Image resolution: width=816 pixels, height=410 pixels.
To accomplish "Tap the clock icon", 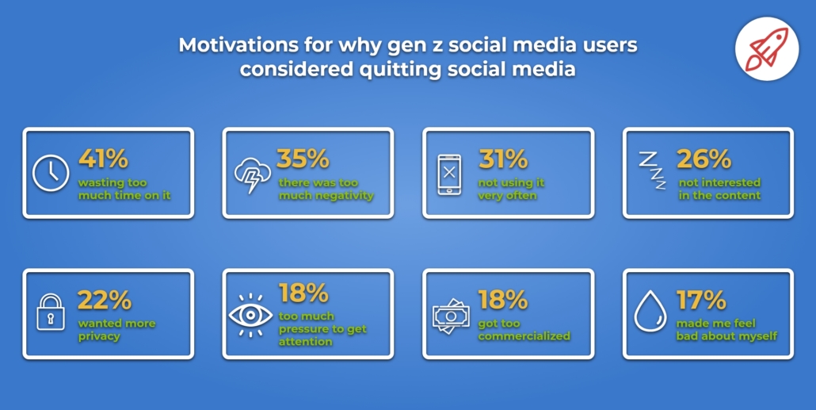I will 51,173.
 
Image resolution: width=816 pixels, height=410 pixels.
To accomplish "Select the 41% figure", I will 103,159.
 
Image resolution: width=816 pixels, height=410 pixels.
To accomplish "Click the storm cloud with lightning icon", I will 252,174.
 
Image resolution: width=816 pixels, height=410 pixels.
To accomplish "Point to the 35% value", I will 303,159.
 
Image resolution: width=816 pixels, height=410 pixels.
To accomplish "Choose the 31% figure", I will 503,159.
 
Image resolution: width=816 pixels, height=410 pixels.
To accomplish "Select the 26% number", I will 703,159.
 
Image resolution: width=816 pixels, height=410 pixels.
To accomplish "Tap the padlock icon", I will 51,312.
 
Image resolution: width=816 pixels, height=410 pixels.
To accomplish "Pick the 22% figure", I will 104,299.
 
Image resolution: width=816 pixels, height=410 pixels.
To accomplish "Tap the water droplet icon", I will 650,312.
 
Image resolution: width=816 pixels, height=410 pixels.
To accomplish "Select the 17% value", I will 700,299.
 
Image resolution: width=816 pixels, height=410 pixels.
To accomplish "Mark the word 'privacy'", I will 99,336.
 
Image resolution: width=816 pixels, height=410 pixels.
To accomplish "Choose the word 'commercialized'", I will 524,336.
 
